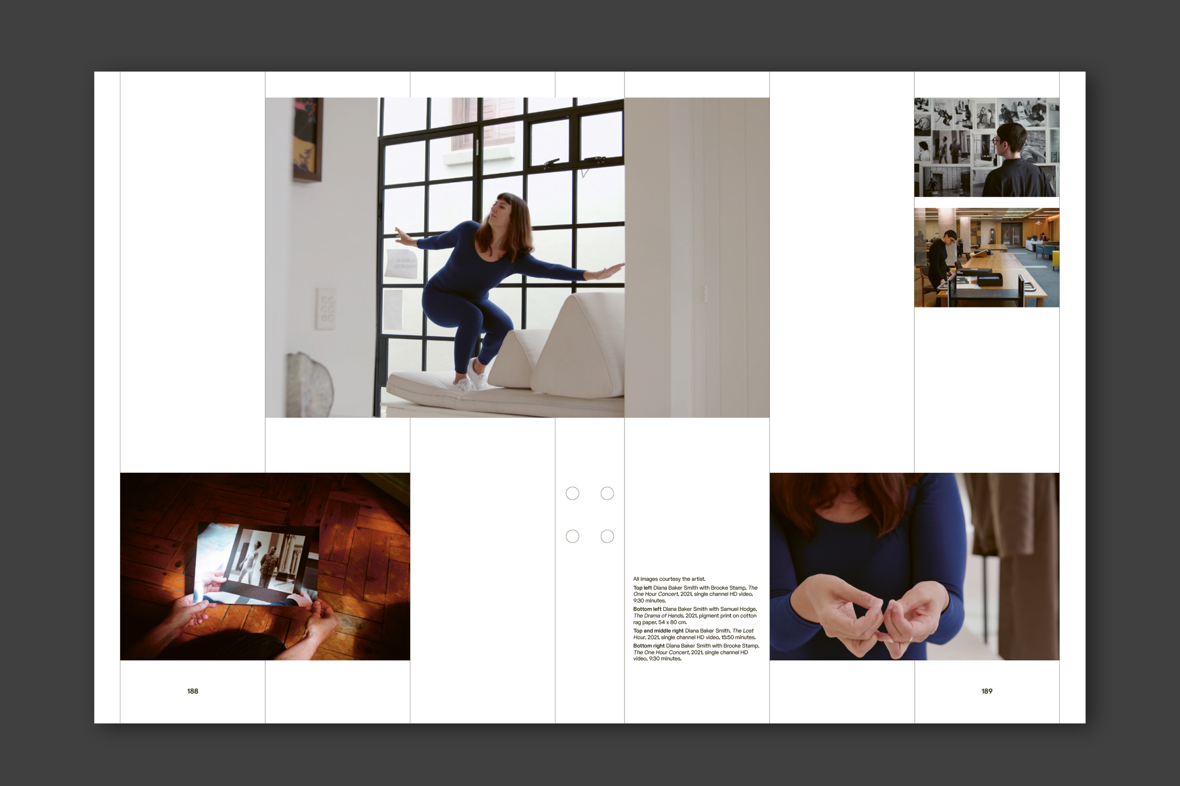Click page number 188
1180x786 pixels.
[193, 691]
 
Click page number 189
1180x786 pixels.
[986, 691]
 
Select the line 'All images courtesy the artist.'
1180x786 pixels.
[669, 579]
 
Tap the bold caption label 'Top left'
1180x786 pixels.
[642, 588]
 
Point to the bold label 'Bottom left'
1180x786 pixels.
[647, 610]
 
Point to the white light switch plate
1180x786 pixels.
[326, 309]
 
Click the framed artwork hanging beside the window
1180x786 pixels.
[307, 139]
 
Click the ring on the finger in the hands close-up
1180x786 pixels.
[910, 640]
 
